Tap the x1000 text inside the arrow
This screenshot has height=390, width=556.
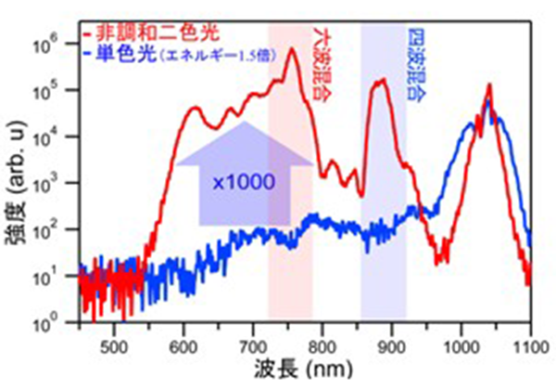pos(244,182)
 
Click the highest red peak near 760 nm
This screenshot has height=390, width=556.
pos(293,50)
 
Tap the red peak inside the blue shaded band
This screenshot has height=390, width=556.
pos(380,81)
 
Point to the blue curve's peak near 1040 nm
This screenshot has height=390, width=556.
pos(489,102)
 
